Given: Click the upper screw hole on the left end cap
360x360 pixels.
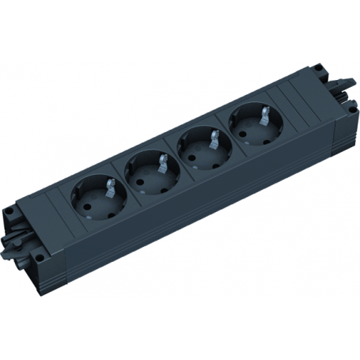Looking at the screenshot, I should coord(9,212).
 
